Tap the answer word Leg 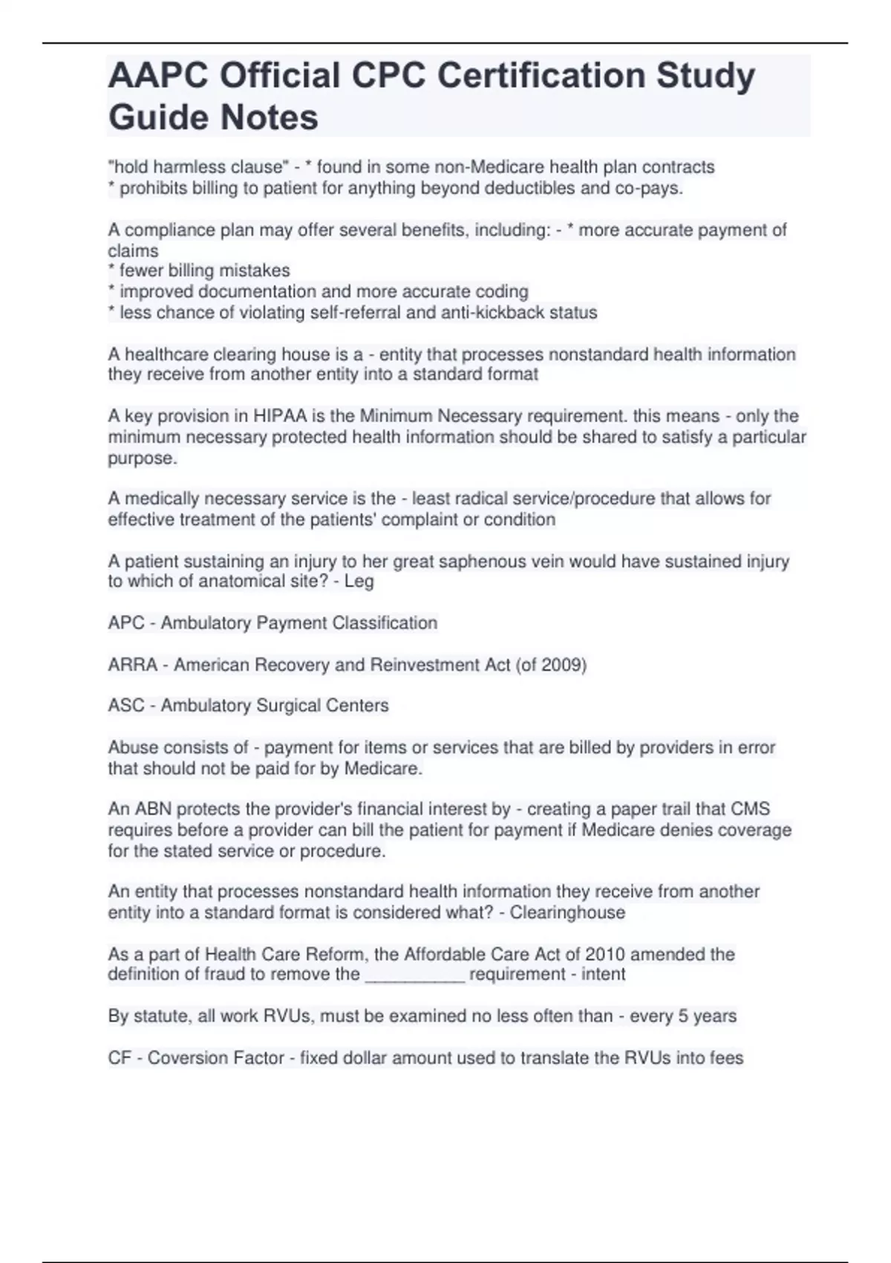pos(359,581)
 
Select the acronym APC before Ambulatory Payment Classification pos(126,623)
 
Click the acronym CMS pos(750,809)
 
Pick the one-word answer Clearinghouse pos(567,912)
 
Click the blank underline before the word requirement pos(415,975)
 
